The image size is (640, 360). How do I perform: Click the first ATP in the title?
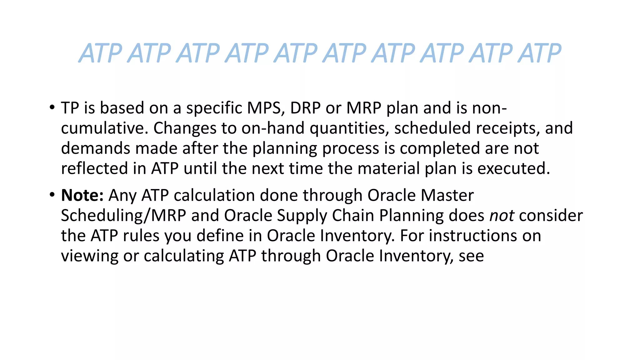(100, 53)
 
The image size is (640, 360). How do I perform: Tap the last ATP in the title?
(539, 53)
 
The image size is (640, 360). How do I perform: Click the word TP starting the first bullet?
(70, 108)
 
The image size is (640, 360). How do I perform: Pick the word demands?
(95, 148)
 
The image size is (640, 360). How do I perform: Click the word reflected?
(94, 168)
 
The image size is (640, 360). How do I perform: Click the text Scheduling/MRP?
(123, 216)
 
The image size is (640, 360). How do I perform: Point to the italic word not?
(502, 216)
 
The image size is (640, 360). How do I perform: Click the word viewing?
(89, 256)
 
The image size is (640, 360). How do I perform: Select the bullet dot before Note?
(52, 195)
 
